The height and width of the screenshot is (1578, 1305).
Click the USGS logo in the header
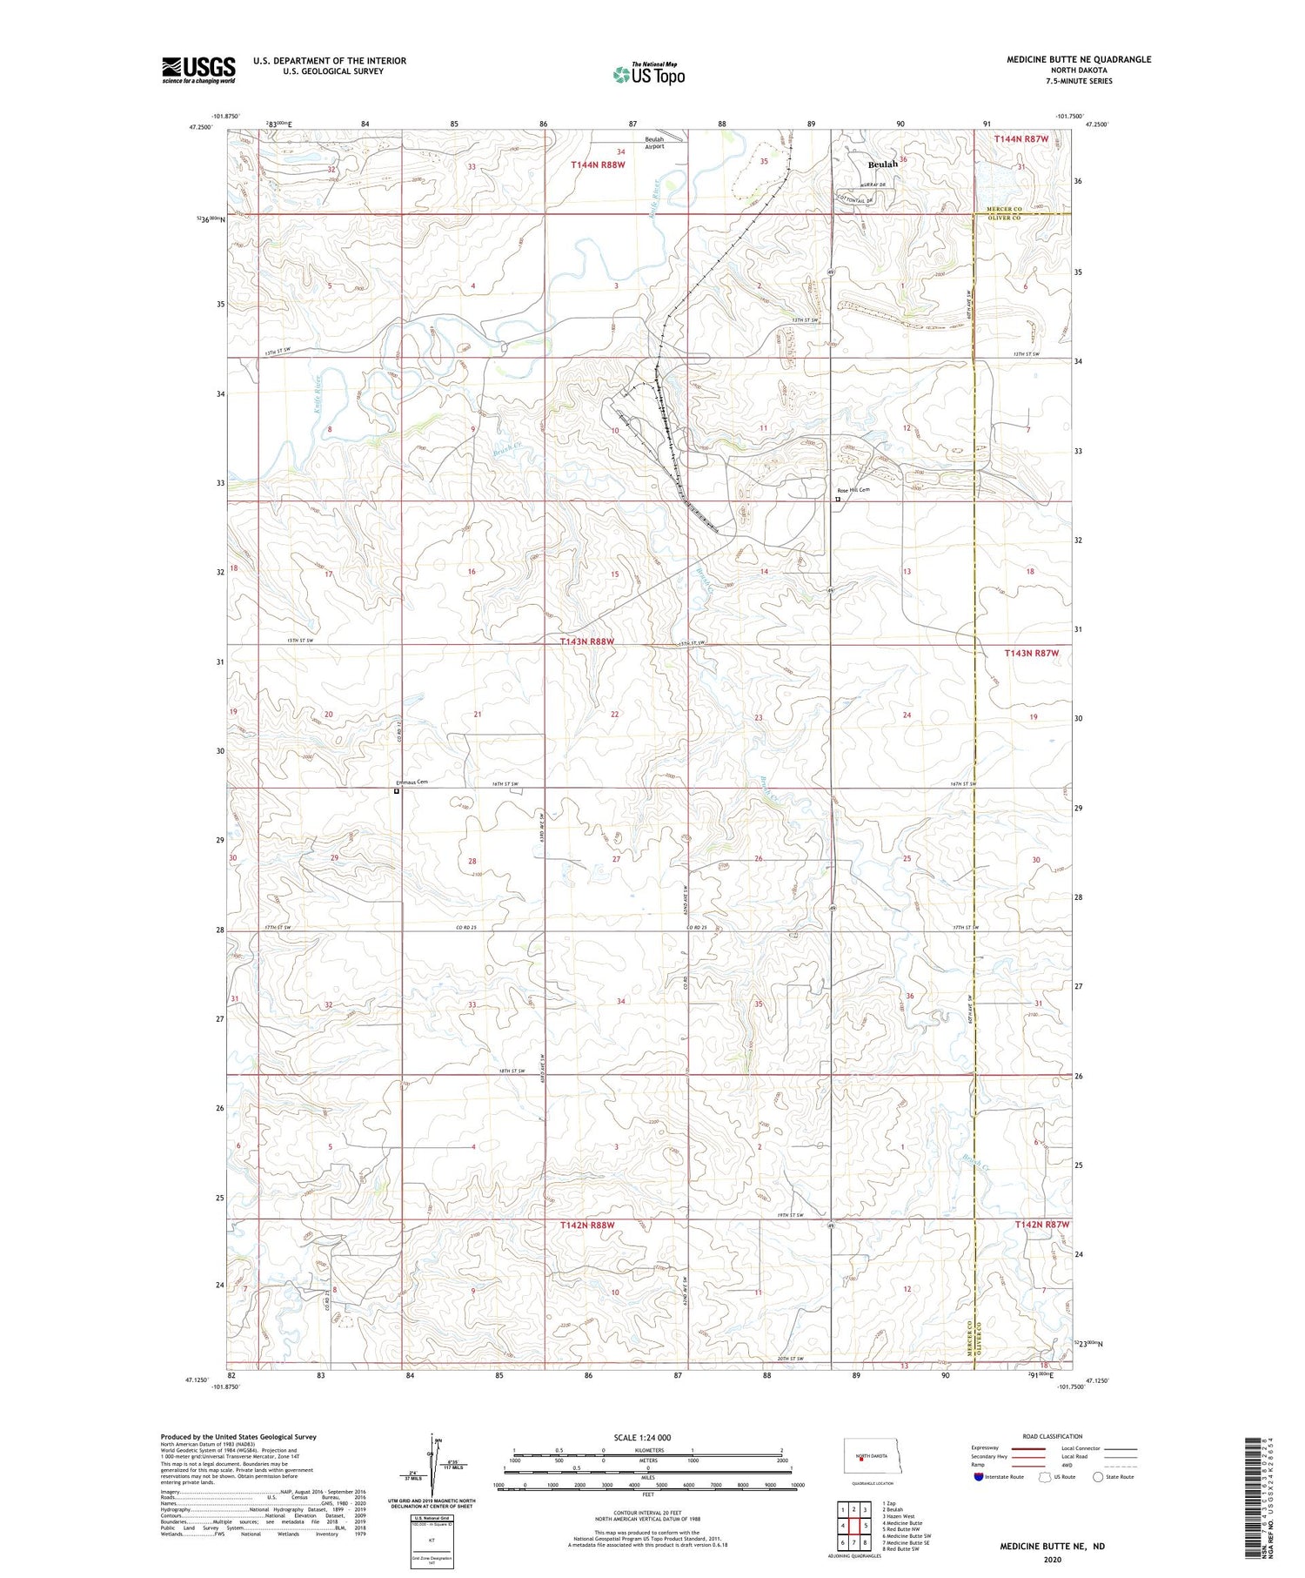[x=198, y=70]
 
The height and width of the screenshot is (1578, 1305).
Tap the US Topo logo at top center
[x=648, y=75]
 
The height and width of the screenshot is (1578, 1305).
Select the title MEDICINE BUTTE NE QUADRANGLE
[x=1078, y=59]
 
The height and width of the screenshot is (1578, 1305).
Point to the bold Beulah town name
[x=883, y=164]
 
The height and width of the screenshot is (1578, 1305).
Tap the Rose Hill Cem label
[x=853, y=490]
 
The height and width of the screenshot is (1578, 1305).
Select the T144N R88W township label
[x=598, y=165]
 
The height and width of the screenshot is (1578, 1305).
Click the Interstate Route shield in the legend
[x=978, y=1477]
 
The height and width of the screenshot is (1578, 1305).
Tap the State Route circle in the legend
[x=1098, y=1477]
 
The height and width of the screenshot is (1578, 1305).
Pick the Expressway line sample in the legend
[x=1031, y=1448]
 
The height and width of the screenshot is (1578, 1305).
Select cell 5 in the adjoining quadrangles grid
[x=867, y=1526]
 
